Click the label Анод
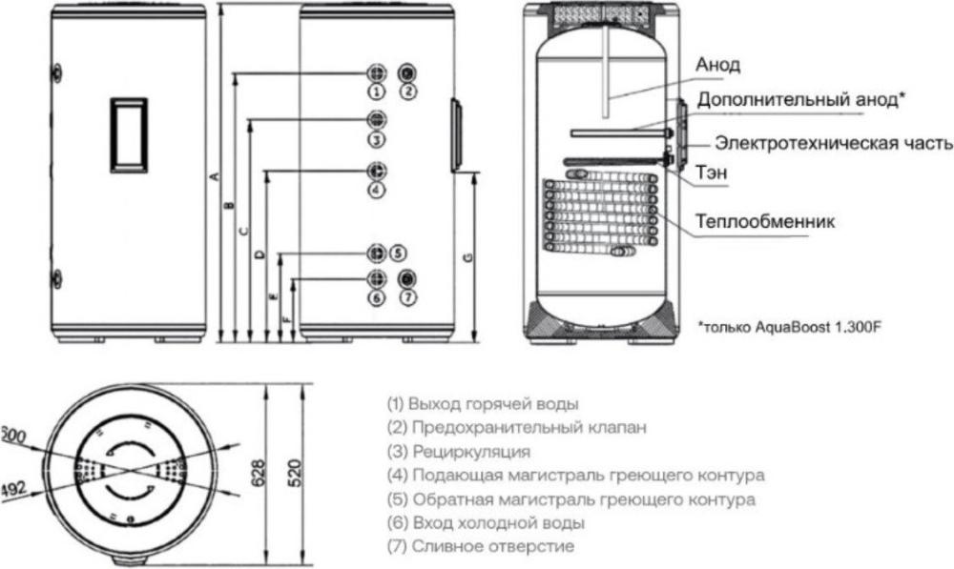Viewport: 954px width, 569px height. tap(717, 65)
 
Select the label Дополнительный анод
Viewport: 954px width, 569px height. tap(800, 99)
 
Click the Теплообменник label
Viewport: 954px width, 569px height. tap(764, 221)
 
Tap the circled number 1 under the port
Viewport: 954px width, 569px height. tap(377, 92)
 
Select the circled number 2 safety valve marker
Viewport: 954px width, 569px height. tap(407, 92)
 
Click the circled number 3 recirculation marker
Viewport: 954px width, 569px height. tap(377, 139)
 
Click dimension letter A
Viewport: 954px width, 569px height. tap(216, 177)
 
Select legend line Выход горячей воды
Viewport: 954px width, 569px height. tap(483, 403)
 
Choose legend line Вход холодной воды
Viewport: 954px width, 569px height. tap(486, 523)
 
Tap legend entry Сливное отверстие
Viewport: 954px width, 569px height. tap(481, 547)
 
